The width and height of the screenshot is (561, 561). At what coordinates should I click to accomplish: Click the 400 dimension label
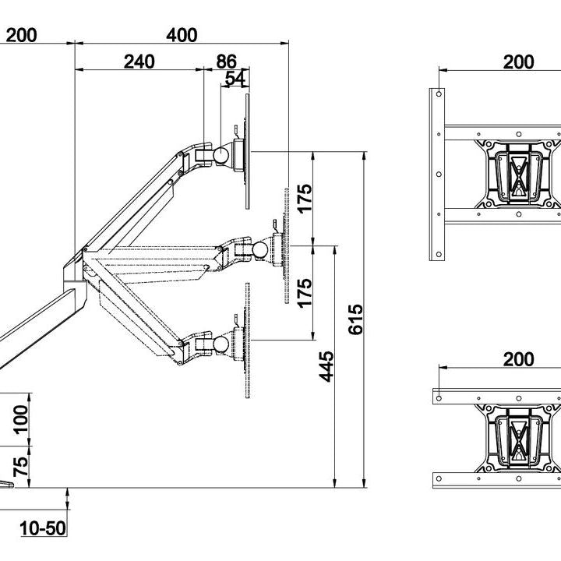(182, 35)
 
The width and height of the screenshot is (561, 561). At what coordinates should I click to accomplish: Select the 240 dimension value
(139, 62)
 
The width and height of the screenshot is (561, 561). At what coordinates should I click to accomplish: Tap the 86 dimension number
(226, 62)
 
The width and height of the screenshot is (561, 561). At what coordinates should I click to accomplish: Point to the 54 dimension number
(236, 78)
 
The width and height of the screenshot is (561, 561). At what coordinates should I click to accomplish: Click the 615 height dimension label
(355, 319)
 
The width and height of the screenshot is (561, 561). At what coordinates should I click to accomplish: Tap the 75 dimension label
(21, 465)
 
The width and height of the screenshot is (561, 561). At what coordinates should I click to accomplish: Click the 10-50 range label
(43, 529)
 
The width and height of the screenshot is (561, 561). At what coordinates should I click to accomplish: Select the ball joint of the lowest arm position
(222, 343)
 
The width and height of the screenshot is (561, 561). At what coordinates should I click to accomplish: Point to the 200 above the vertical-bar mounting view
(518, 62)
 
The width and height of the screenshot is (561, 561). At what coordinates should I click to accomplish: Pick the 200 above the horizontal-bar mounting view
(518, 359)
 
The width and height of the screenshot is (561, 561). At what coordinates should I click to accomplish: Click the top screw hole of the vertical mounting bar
(439, 95)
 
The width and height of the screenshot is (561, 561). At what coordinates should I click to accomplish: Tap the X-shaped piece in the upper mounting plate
(519, 175)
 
